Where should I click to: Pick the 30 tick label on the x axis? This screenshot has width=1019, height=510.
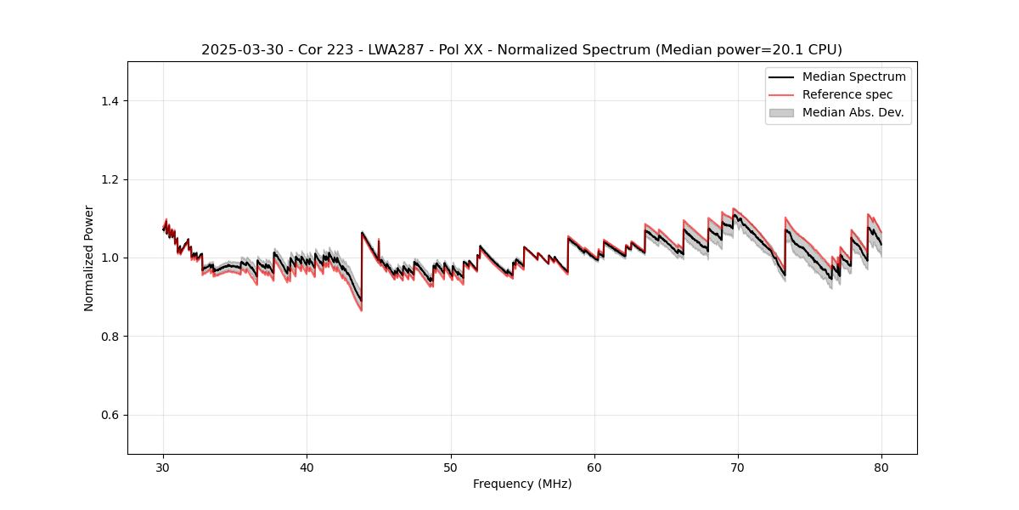tap(164, 467)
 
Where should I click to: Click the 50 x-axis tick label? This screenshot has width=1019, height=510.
tap(451, 467)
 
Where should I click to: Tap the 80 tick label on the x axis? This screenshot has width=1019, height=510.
tap(881, 467)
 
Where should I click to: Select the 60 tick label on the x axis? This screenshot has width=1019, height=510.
tap(594, 467)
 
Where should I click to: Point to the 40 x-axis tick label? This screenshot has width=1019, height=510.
tap(307, 467)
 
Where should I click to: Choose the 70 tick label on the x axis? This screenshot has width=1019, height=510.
tap(738, 467)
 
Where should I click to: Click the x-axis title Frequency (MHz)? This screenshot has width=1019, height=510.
tap(522, 484)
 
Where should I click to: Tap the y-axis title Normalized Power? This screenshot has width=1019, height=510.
tap(89, 258)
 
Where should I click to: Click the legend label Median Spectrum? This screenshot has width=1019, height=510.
tap(853, 76)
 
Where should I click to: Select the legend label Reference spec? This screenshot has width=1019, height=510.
tap(847, 94)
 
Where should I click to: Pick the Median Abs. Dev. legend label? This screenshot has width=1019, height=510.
tap(853, 112)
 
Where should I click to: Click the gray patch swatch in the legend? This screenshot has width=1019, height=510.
tap(781, 112)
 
